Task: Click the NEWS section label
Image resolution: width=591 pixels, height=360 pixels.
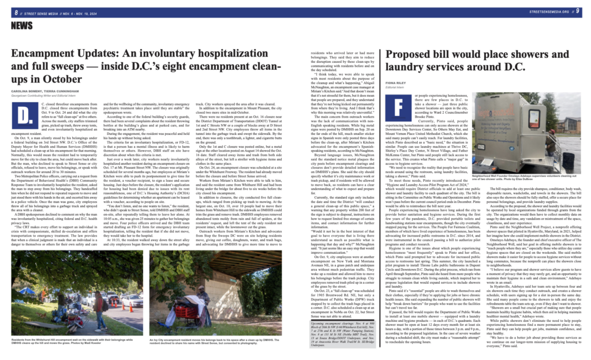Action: tap(21, 25)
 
